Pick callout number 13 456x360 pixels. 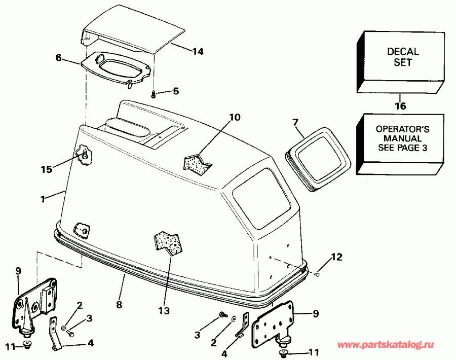tap(165, 310)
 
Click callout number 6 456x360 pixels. tap(58, 58)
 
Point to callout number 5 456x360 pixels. tap(175, 92)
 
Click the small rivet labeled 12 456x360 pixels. tap(317, 274)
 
